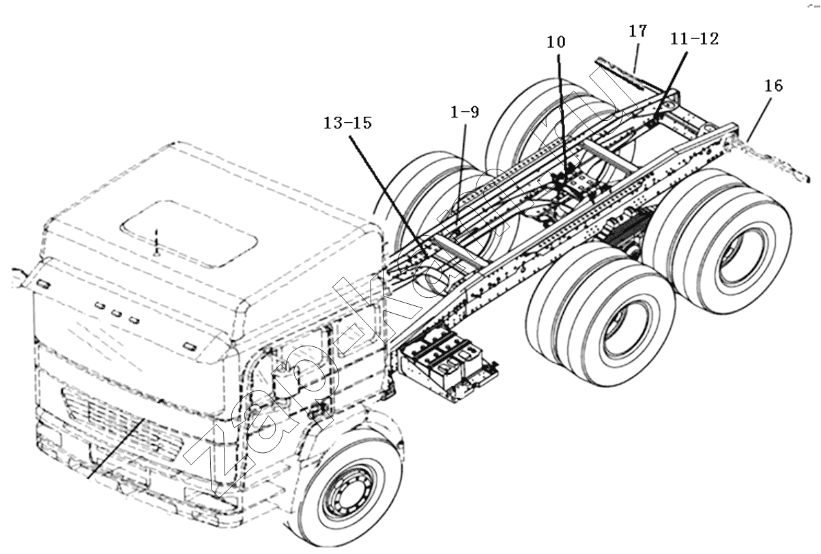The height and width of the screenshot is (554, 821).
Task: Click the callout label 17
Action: pyautogui.click(x=638, y=31)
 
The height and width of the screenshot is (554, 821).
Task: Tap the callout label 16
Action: pyautogui.click(x=774, y=85)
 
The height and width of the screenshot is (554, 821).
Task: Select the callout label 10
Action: pyautogui.click(x=556, y=42)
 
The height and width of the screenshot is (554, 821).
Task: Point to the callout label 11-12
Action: pyautogui.click(x=695, y=39)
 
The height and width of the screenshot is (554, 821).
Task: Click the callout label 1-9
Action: pyautogui.click(x=465, y=112)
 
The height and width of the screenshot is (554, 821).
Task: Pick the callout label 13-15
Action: pyautogui.click(x=347, y=123)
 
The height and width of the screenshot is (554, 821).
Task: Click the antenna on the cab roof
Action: pyautogui.click(x=156, y=242)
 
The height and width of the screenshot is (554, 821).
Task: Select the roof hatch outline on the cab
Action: pyautogui.click(x=189, y=234)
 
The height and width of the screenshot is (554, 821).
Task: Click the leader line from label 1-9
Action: pyautogui.click(x=461, y=174)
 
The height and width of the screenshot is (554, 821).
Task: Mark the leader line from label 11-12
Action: pyautogui.click(x=668, y=87)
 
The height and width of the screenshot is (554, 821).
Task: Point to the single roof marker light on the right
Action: pyautogui.click(x=190, y=346)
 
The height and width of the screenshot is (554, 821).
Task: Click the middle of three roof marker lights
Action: pyautogui.click(x=117, y=313)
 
